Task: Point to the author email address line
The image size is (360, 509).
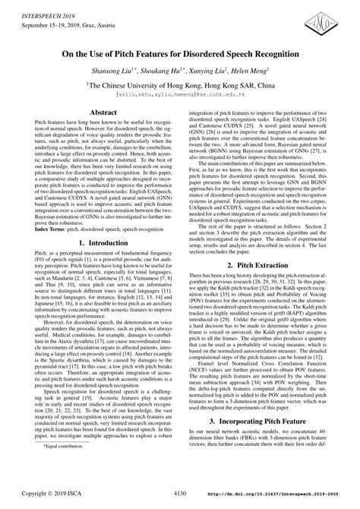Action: tap(180, 96)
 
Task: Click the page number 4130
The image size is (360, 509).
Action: tap(180, 501)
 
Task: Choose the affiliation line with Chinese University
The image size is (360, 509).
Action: tap(179, 86)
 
